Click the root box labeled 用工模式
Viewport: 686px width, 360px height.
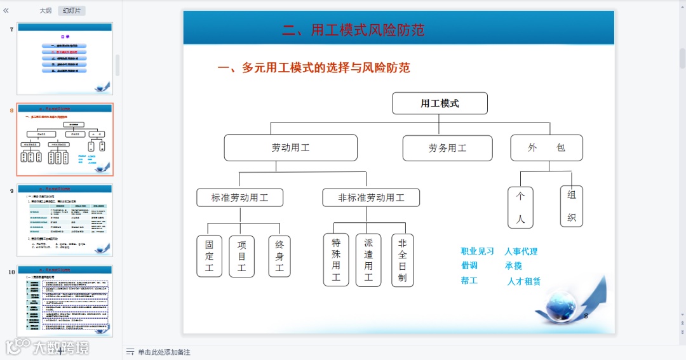click(440, 103)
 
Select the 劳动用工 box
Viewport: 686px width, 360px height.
click(290, 148)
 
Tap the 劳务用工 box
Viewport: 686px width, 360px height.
click(447, 148)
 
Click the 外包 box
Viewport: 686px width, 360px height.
click(546, 148)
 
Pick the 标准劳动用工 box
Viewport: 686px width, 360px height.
click(239, 197)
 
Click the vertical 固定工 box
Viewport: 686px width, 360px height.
click(209, 256)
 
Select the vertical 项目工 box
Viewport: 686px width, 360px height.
click(241, 256)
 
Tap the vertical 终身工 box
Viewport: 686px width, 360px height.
click(279, 256)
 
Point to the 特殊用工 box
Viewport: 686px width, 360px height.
click(336, 260)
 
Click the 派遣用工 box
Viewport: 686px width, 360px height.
click(368, 260)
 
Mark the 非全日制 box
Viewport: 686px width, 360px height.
click(402, 260)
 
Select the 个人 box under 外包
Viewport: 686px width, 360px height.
click(520, 207)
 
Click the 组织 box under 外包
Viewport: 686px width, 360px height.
click(571, 206)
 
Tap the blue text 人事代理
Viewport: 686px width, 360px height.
click(521, 251)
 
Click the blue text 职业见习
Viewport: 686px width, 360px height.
click(477, 251)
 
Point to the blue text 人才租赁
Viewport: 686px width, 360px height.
click(524, 281)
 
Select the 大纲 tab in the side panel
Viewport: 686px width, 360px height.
click(46, 10)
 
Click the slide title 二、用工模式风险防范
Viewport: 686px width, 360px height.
click(353, 30)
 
